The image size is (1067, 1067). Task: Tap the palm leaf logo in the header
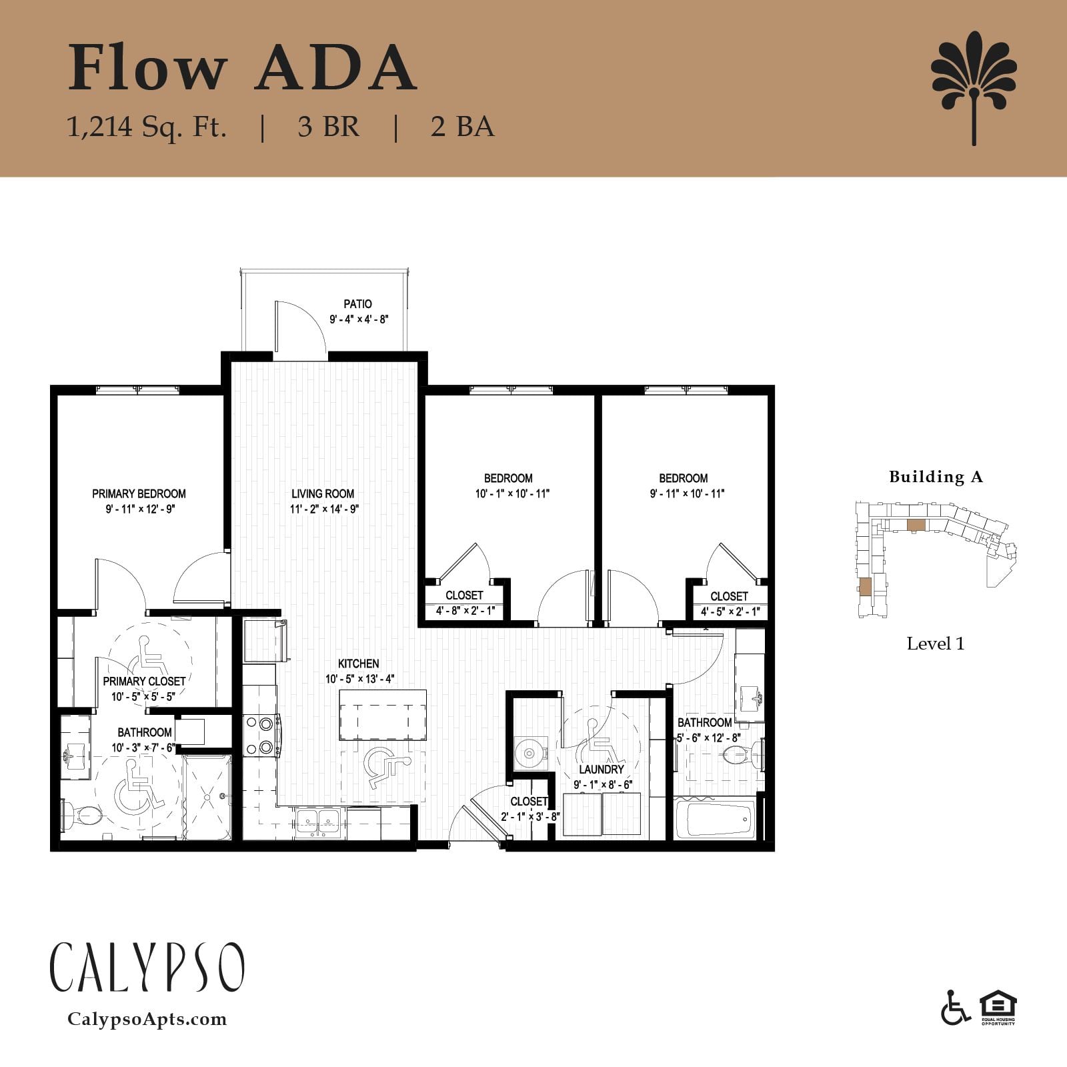974,87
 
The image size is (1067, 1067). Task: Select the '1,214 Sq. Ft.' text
147,127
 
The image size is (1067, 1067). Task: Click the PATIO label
358,304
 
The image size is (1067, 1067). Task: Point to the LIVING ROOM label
323,494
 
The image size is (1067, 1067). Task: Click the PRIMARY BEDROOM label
139,494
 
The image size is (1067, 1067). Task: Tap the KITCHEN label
359,664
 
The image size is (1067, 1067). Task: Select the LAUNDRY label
601,770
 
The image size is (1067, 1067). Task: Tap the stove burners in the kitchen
261,736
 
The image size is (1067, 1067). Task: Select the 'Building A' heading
936,477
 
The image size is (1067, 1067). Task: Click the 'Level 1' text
936,644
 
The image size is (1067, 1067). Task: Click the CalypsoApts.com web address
147,1019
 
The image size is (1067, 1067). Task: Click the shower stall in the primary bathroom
207,796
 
